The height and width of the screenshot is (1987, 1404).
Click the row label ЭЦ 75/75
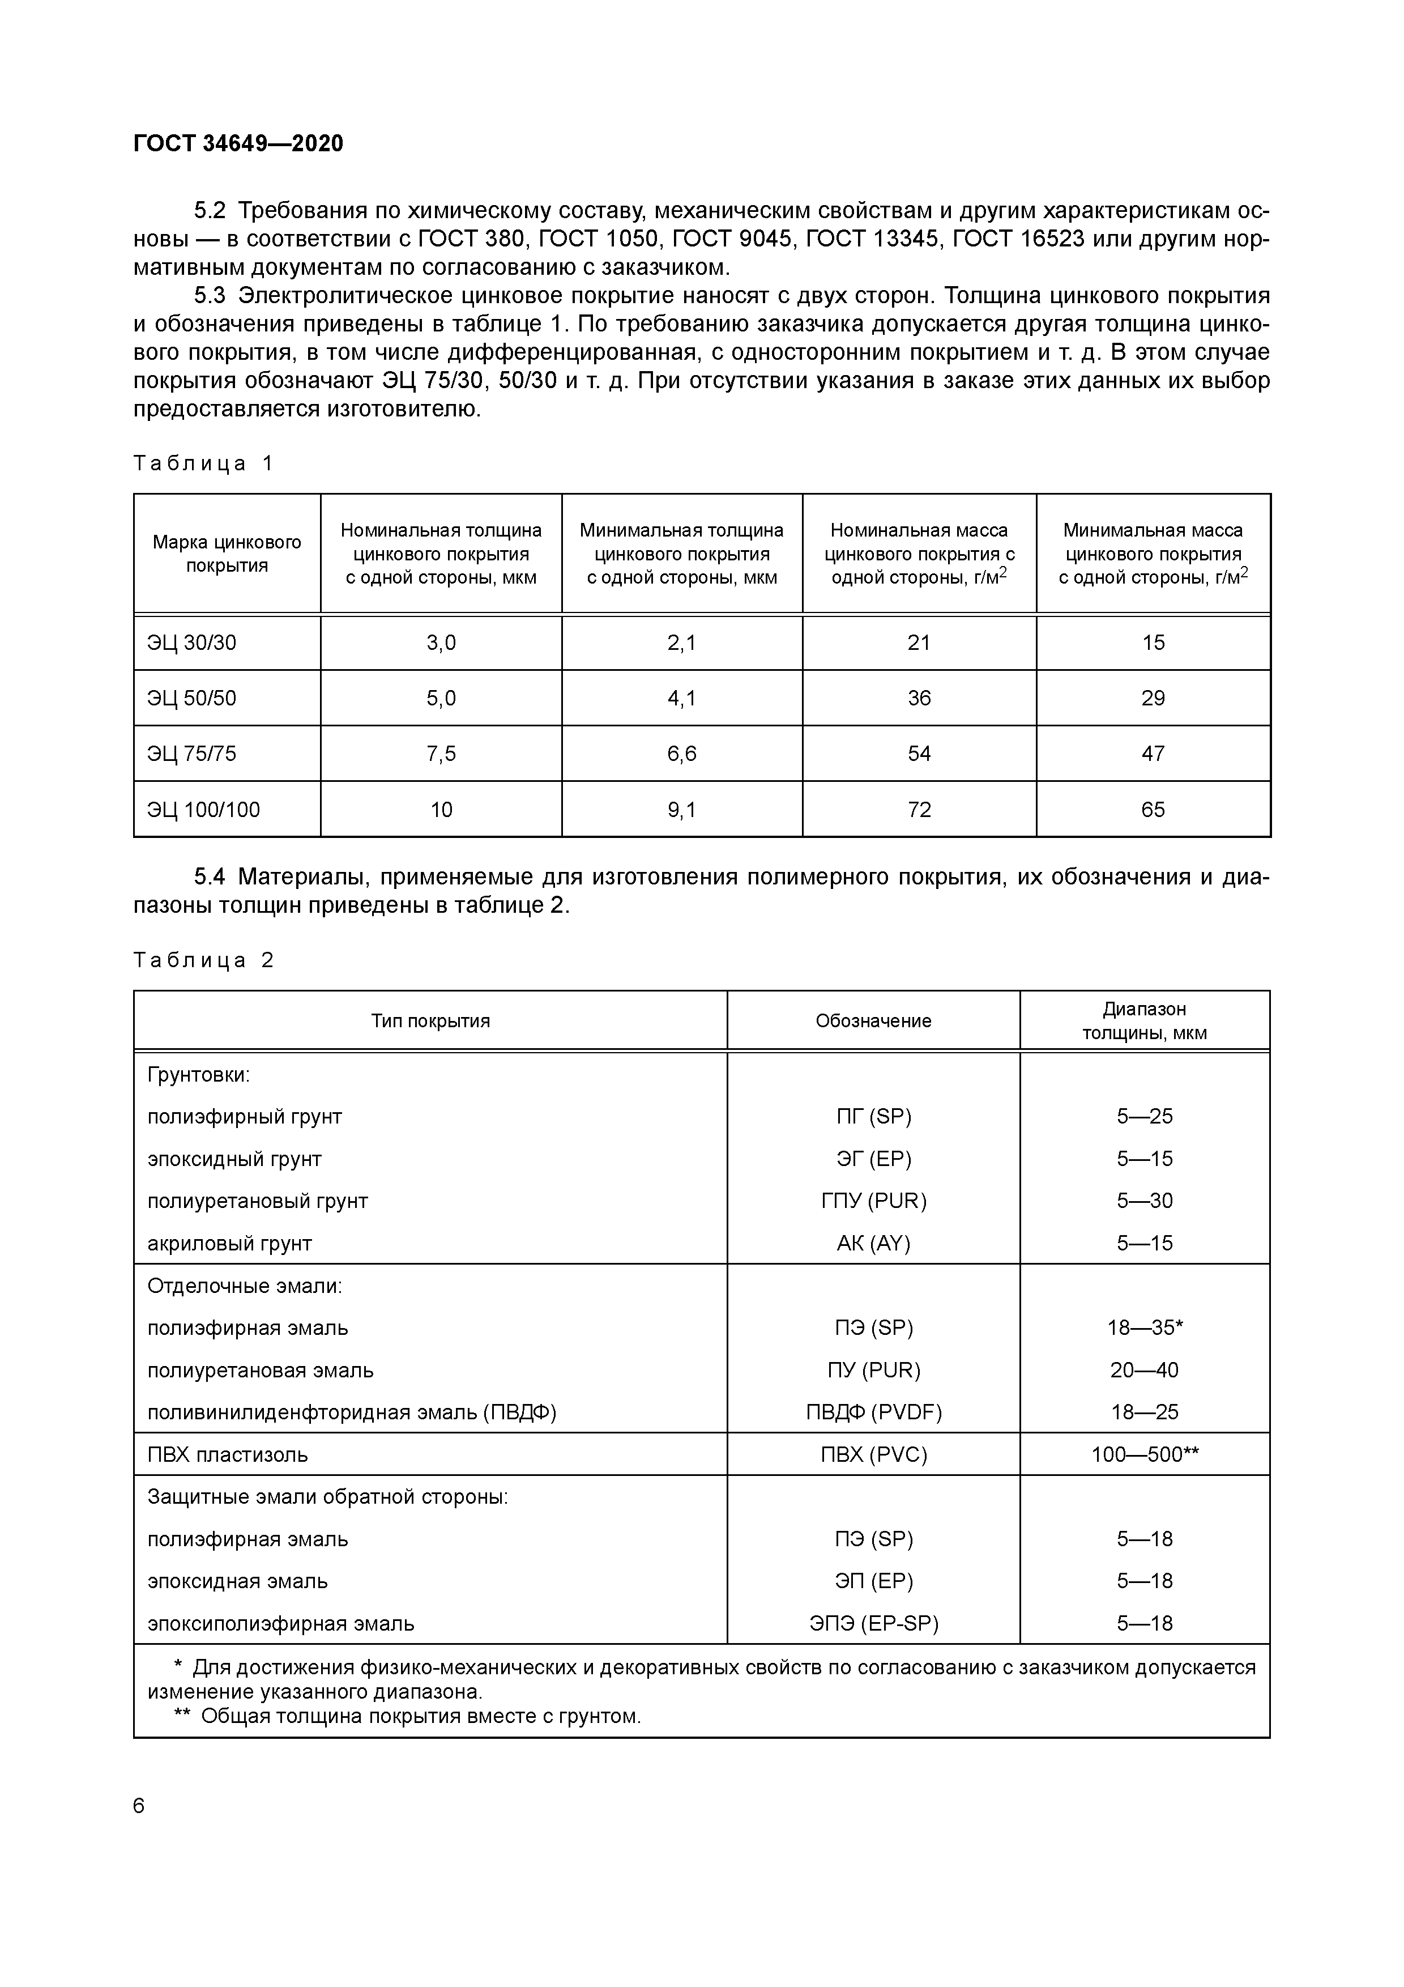[x=191, y=754]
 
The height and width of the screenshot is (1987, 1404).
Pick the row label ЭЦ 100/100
[x=203, y=810]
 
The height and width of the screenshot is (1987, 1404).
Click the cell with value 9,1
[x=682, y=810]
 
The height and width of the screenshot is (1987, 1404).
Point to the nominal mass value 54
[x=919, y=754]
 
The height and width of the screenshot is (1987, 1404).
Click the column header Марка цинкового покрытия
[x=227, y=554]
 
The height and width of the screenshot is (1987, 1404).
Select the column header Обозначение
[x=873, y=1021]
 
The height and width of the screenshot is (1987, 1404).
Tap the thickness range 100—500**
[x=1145, y=1455]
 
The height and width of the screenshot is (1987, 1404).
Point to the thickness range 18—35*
[x=1145, y=1327]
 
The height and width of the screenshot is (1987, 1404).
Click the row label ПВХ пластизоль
[x=228, y=1455]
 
